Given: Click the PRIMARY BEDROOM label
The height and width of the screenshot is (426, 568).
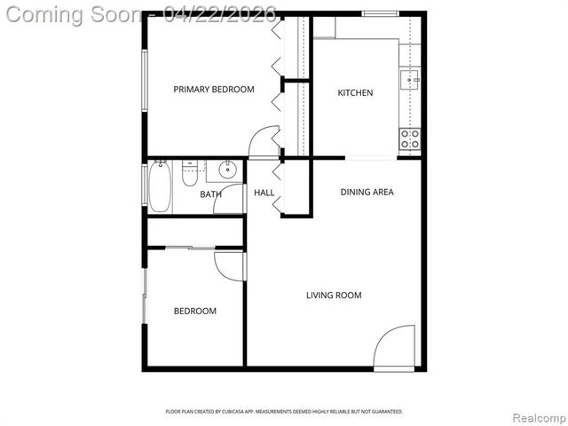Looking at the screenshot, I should point(213,89).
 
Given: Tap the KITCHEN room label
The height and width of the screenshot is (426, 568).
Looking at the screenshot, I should point(355,93).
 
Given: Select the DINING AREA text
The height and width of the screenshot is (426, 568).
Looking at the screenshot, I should point(367,192).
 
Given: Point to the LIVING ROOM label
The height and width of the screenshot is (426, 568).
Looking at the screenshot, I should point(334,296).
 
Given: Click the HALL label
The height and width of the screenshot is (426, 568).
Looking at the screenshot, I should point(264,193).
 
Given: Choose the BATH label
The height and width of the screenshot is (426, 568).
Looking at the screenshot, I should point(210,194).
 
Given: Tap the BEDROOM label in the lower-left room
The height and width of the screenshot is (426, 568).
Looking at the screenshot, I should point(194,311).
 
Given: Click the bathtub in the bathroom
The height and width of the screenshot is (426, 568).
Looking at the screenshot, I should point(159,186).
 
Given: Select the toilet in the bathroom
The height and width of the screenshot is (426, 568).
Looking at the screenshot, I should point(189,174).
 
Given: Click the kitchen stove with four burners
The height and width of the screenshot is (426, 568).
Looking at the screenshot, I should point(410,138).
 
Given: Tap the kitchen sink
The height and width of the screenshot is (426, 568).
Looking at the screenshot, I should point(411,80).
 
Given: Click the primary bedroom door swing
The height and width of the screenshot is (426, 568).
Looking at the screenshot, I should point(265,141).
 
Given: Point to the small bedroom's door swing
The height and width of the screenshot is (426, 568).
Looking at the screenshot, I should point(228,264).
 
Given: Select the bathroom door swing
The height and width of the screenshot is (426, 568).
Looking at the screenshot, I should point(230,199).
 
